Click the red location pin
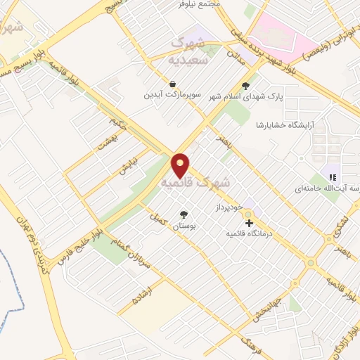181,166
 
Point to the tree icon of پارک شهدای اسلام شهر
245,86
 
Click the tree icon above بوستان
184,215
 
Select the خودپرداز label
230,207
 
